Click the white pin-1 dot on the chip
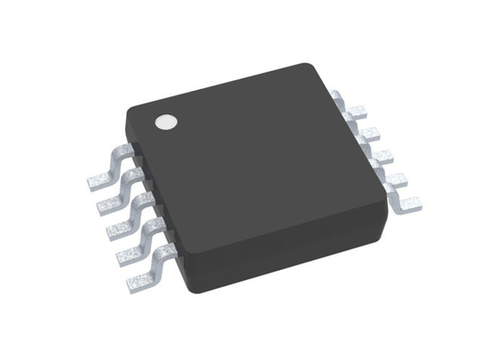click(x=166, y=121)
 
